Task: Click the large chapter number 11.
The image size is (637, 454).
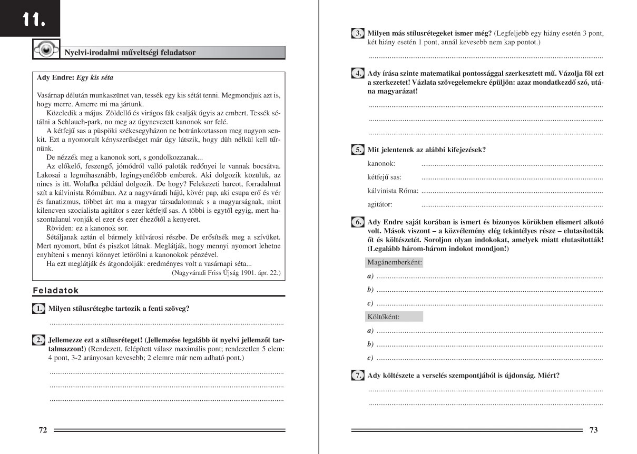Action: pyautogui.click(x=33, y=21)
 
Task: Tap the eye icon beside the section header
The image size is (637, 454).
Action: pyautogui.click(x=46, y=49)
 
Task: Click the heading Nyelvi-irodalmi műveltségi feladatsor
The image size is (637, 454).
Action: pyautogui.click(x=130, y=53)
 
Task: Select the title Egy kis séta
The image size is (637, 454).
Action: pyautogui.click(x=95, y=77)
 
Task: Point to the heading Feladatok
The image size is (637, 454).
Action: pyautogui.click(x=56, y=290)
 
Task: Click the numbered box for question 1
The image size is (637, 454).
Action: pyautogui.click(x=38, y=309)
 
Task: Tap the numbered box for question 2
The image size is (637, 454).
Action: pyautogui.click(x=38, y=340)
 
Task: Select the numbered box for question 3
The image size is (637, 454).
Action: pyautogui.click(x=358, y=33)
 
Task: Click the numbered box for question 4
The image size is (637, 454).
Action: pyautogui.click(x=358, y=74)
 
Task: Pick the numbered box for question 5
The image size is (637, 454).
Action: pyautogui.click(x=358, y=150)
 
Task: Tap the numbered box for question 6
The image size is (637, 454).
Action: pyautogui.click(x=358, y=222)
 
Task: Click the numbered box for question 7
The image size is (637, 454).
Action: pyautogui.click(x=358, y=376)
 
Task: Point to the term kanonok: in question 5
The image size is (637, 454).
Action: pyautogui.click(x=381, y=164)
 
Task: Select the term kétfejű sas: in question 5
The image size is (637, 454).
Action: pyautogui.click(x=384, y=177)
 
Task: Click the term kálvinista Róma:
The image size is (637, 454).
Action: pyautogui.click(x=393, y=191)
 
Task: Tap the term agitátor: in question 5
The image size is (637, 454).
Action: pyautogui.click(x=380, y=204)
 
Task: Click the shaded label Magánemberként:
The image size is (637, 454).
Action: pyautogui.click(x=394, y=262)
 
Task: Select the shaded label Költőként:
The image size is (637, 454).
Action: pyautogui.click(x=383, y=317)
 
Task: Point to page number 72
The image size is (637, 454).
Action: pyautogui.click(x=43, y=430)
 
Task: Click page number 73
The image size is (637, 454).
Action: pyautogui.click(x=593, y=430)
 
